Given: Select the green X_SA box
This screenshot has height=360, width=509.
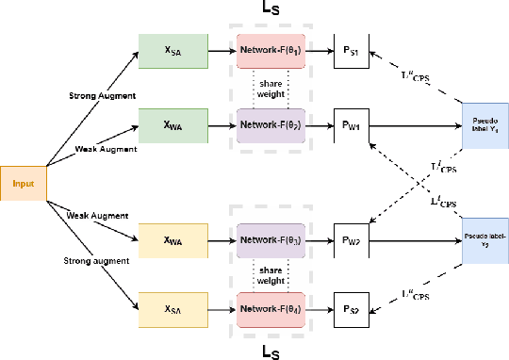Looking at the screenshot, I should pos(172,50).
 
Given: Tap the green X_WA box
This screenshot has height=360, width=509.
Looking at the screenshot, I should pos(172,124).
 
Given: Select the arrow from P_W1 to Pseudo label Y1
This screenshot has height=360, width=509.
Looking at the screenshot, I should pos(416,124).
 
